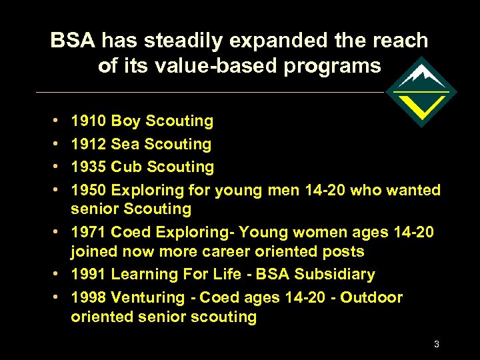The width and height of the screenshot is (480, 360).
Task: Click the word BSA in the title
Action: coord(73,41)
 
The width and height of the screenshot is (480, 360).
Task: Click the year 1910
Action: coord(89,121)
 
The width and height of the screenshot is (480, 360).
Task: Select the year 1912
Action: coord(89,144)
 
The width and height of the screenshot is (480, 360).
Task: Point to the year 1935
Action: coord(89,167)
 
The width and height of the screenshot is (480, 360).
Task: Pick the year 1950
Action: coord(89,190)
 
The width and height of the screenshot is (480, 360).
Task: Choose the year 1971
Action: coord(89,232)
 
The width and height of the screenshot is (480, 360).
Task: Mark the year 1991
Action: coord(89,274)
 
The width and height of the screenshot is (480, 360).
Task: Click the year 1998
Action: coord(89,297)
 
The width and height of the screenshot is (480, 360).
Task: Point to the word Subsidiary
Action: coord(335,274)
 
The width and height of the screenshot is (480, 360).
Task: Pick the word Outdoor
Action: coord(371,297)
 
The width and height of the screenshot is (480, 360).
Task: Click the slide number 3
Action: coord(436,344)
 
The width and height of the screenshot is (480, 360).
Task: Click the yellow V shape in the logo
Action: coord(421,105)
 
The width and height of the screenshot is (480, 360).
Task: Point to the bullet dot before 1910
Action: coord(53,121)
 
